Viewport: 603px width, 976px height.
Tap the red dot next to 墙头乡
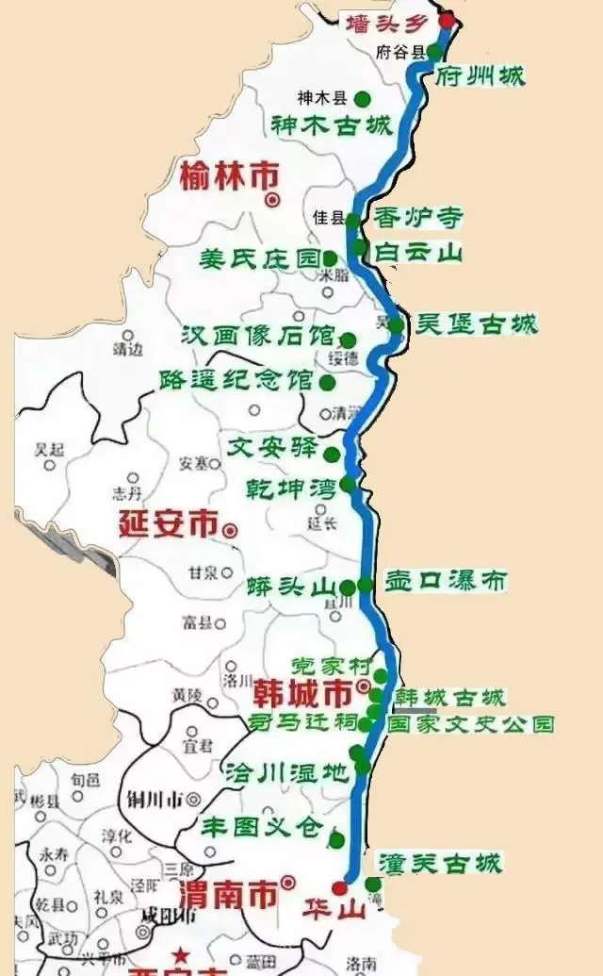click(447, 19)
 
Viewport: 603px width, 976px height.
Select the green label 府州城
click(481, 76)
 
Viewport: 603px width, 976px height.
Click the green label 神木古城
click(331, 125)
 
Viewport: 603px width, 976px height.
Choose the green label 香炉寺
click(418, 218)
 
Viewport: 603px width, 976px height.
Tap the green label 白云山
click(418, 252)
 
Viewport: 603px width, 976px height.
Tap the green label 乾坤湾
click(286, 488)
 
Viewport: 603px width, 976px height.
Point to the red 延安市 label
click(168, 523)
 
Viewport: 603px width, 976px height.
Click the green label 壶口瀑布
click(445, 580)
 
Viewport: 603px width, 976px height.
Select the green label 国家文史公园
click(471, 724)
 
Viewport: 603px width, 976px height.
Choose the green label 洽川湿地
click(285, 771)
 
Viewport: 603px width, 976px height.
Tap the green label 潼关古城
click(439, 862)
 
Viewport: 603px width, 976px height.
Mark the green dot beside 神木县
click(362, 98)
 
